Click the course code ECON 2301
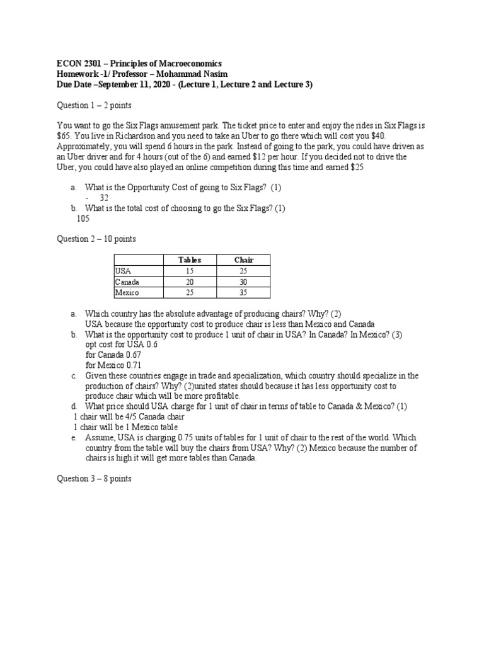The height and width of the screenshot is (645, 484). pos(79,64)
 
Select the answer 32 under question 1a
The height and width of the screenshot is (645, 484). pos(104,198)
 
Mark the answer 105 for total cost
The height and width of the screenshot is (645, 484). pos(83,219)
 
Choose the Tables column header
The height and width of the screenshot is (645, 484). pos(190,260)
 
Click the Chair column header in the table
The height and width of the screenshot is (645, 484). pos(243,260)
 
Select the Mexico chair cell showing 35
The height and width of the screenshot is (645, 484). pos(243,293)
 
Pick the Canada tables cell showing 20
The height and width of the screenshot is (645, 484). pos(190,282)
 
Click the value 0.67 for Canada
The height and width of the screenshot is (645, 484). pos(133,355)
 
